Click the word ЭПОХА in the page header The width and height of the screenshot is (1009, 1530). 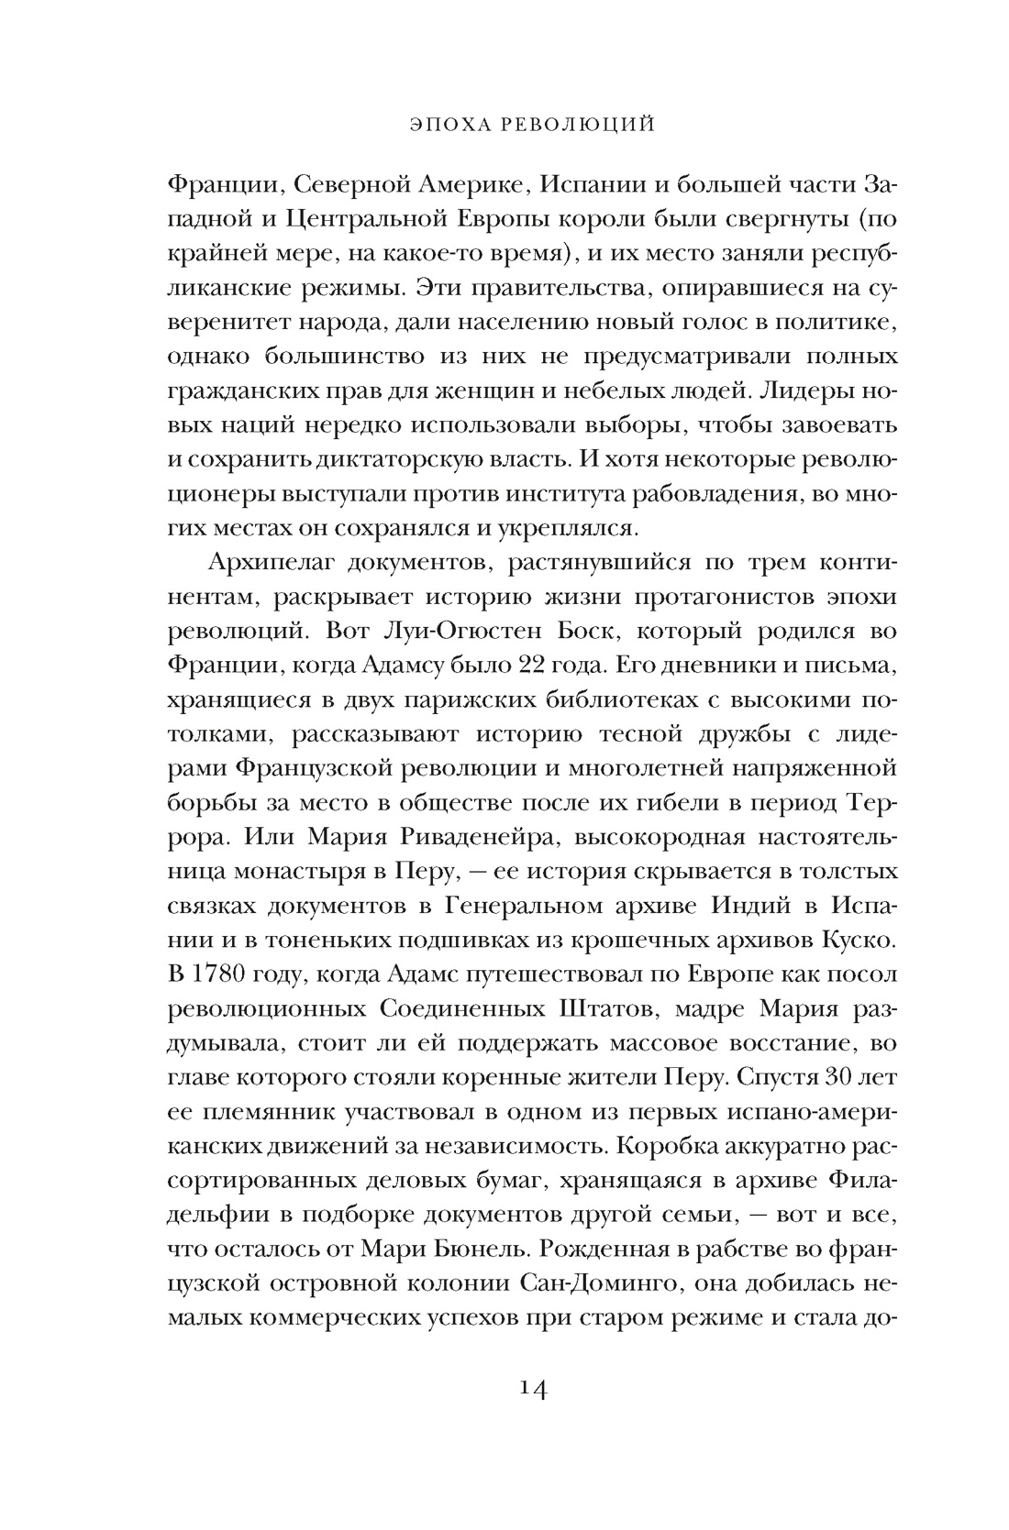441,124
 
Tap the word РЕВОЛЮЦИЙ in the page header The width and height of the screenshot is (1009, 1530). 581,124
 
